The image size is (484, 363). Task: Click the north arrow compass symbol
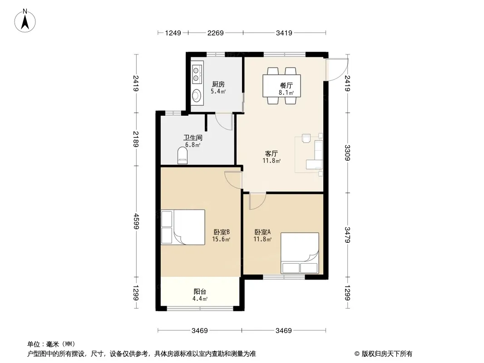(25, 21)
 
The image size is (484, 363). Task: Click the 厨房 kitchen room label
(218, 84)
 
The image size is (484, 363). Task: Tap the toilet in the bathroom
(182, 155)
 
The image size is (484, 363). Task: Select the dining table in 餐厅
(282, 86)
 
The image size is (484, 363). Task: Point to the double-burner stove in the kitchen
(197, 74)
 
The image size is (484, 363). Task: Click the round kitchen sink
(197, 96)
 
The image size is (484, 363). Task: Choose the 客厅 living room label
(272, 153)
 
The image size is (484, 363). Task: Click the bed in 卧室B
(183, 227)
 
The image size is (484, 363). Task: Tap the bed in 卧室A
(300, 253)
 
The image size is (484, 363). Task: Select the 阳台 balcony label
(200, 291)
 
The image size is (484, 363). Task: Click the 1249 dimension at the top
(173, 33)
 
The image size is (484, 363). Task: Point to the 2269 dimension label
(216, 33)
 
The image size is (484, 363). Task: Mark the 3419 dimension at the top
(284, 33)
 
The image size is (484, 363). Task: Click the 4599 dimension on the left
(136, 221)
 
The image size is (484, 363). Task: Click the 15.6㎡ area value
(221, 239)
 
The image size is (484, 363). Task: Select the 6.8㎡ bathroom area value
(193, 145)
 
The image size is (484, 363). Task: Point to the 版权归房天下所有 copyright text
(387, 354)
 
